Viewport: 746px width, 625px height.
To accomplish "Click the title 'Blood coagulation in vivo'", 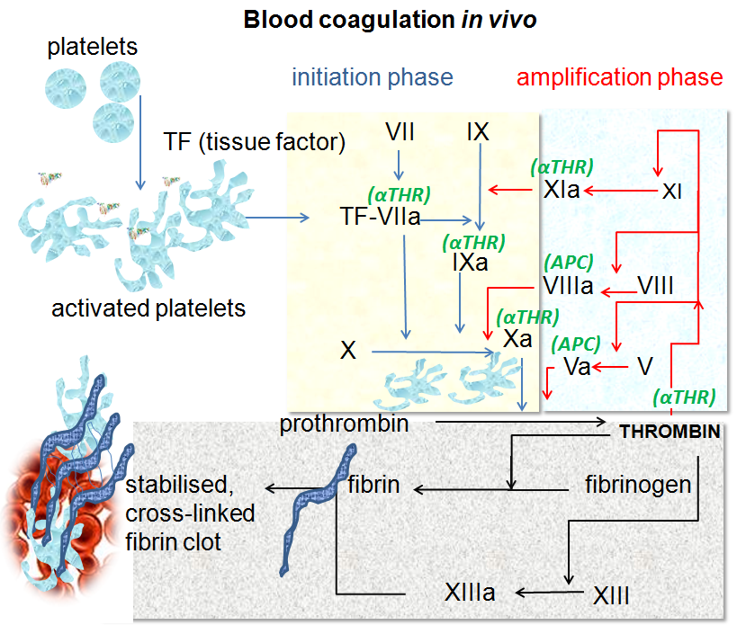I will point(390,20).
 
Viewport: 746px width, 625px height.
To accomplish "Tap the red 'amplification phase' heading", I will point(619,77).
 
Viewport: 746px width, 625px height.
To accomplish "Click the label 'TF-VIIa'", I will point(381,217).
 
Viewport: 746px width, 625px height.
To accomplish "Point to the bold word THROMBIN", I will point(670,433).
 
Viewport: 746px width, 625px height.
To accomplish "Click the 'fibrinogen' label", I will point(638,485).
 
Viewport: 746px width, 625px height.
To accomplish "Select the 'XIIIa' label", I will point(469,593).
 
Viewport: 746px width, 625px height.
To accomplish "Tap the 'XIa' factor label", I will point(562,191).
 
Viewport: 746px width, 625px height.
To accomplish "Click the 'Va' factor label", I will point(577,366).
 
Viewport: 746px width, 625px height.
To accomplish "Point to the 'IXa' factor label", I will point(470,263).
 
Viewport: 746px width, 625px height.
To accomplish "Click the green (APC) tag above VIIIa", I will point(569,263).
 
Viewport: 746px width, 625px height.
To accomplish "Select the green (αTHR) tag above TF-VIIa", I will point(400,193).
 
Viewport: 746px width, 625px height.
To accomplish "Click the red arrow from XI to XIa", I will point(621,192).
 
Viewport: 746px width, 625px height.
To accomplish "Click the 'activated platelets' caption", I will point(148,308).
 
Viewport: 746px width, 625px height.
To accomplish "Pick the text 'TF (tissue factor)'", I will point(255,141).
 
